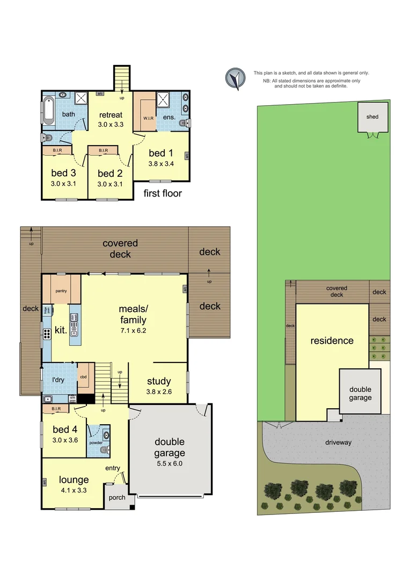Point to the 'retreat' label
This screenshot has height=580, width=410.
111,115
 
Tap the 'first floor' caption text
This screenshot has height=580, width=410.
163,193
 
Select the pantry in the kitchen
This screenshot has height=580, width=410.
61,290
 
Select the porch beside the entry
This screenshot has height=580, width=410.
116,497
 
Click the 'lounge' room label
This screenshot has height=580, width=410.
74,480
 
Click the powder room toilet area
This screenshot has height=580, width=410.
105,441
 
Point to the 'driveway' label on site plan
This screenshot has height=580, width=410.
338,442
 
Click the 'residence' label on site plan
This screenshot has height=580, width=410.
332,340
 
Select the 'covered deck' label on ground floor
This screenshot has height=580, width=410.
120,249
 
